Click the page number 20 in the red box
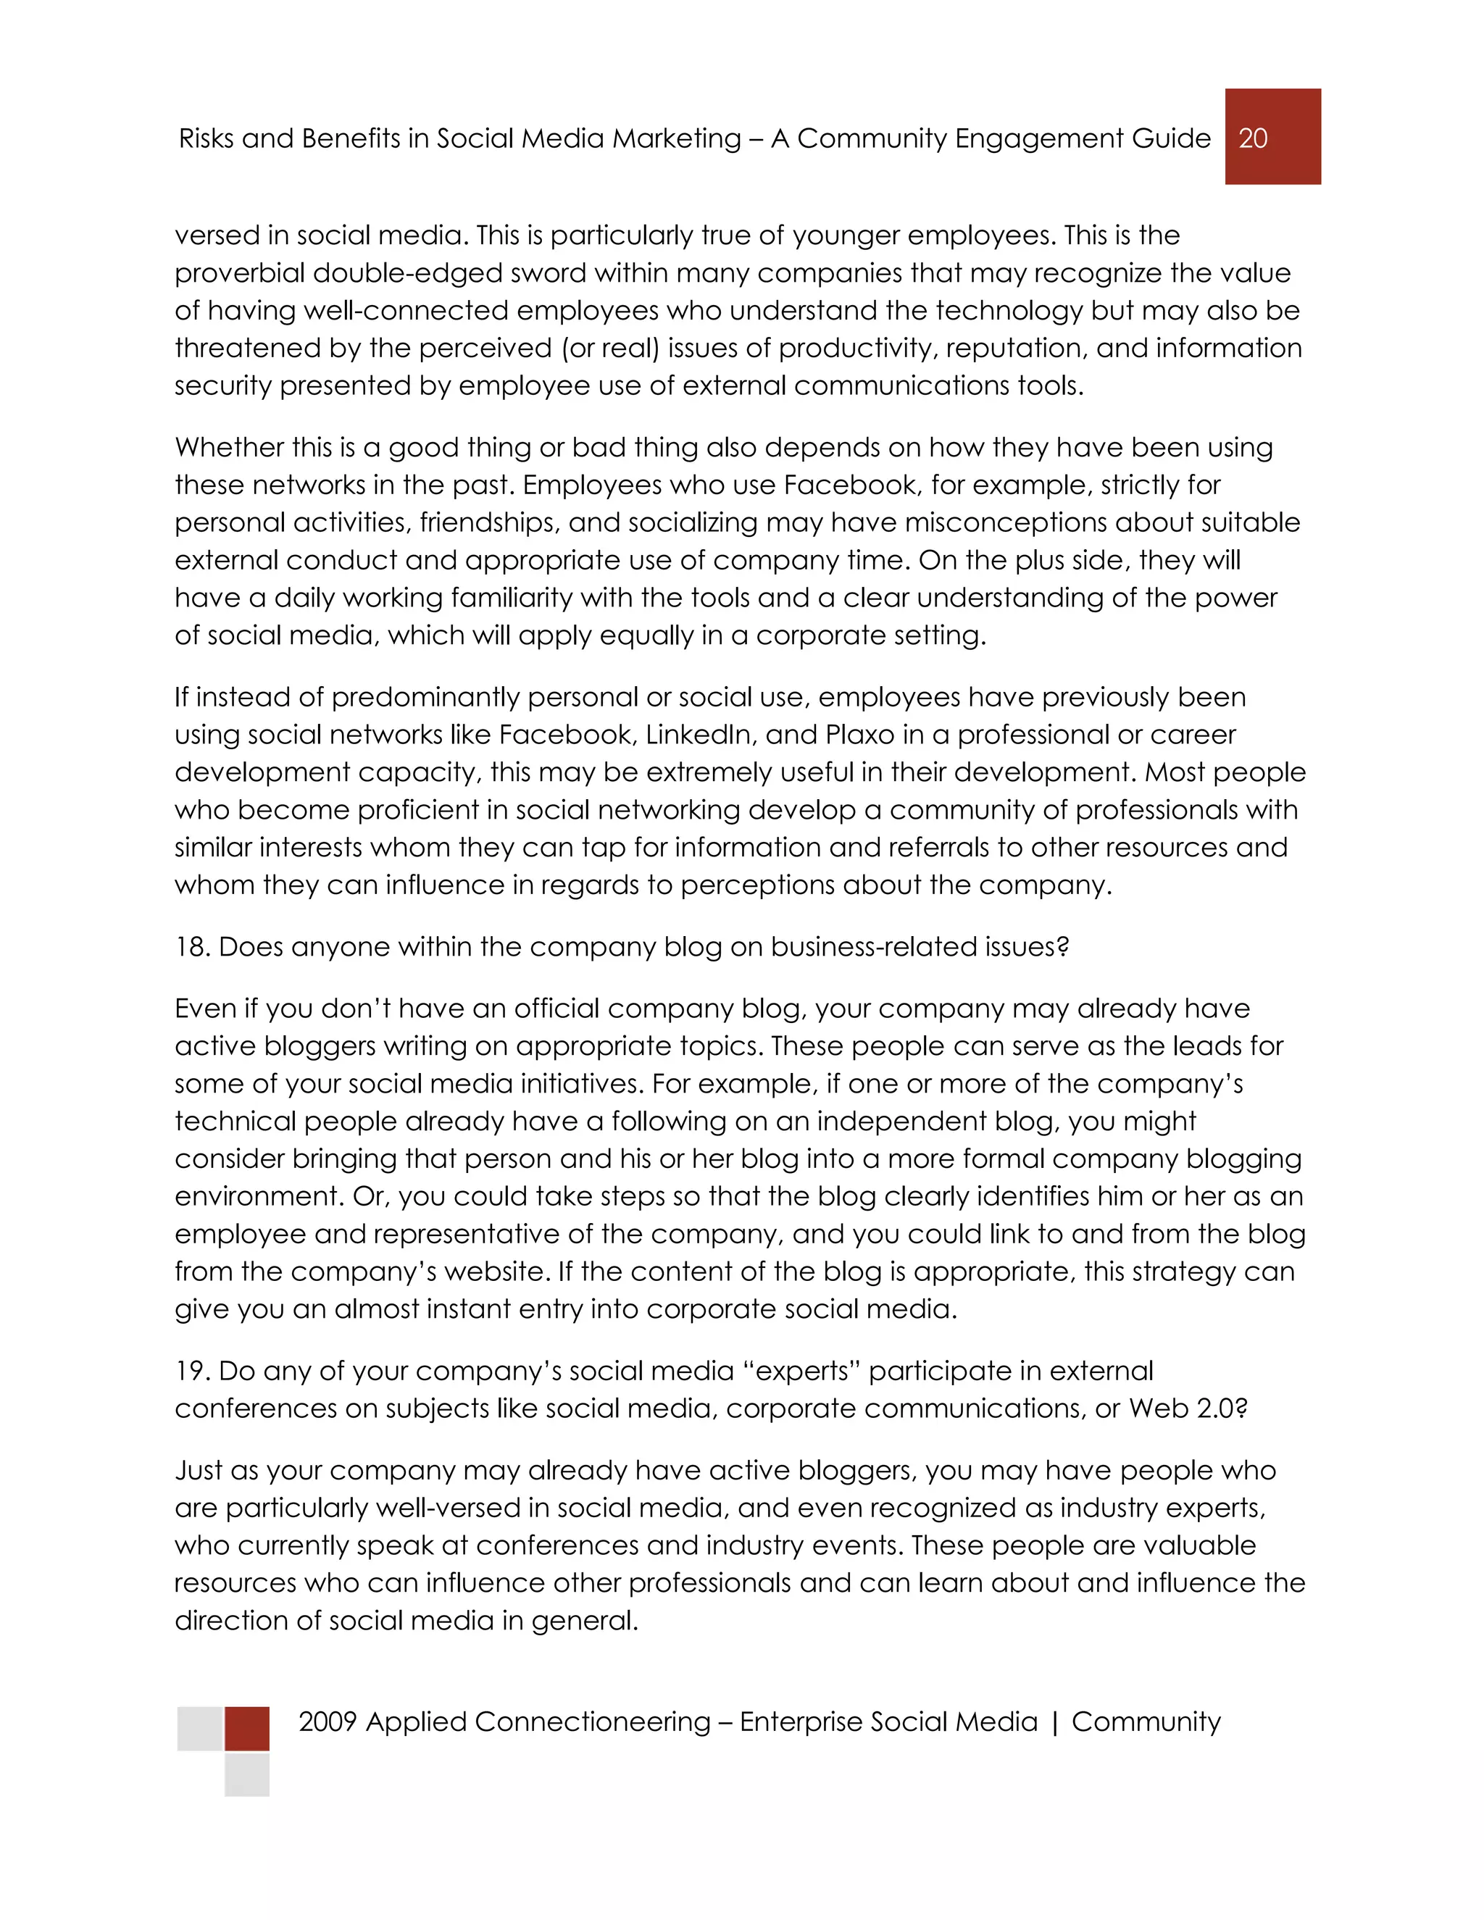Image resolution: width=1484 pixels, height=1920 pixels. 1253,138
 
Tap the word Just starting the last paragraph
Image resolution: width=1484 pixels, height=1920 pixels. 198,1471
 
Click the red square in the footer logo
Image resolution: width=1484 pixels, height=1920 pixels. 247,1728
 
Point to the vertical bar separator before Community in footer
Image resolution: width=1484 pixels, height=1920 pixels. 1054,1722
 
